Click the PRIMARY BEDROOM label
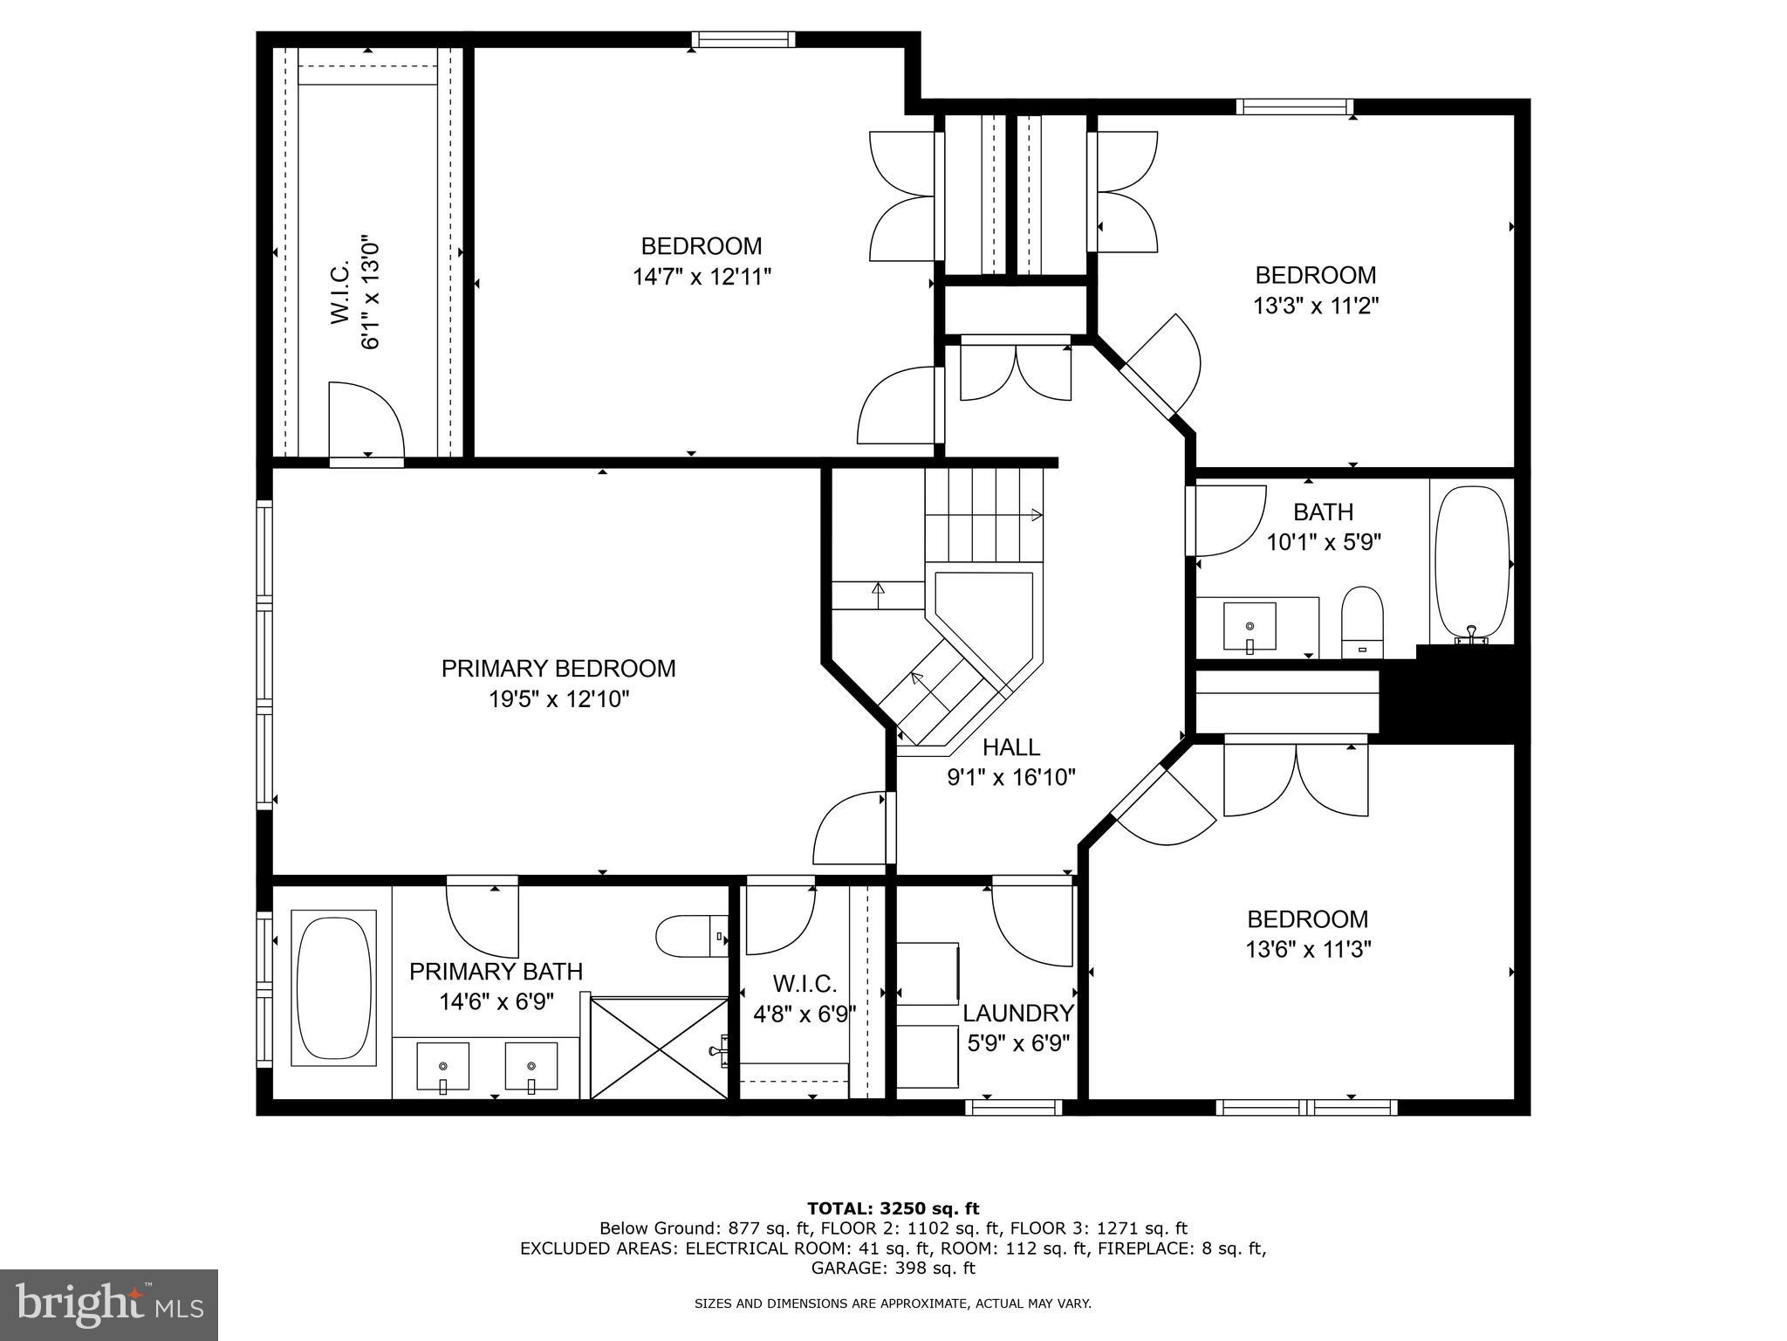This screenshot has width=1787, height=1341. point(558,669)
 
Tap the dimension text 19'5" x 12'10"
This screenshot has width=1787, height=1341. point(558,699)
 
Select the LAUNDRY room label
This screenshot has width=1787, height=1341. point(1018,1013)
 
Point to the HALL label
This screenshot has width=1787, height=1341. point(1011,747)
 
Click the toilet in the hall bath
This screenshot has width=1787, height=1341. point(1362,622)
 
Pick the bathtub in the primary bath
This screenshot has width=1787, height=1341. point(332,987)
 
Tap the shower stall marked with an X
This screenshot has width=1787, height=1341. point(659,1048)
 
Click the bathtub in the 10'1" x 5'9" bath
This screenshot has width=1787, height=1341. point(1471,564)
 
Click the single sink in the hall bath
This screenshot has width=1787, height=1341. point(1250,627)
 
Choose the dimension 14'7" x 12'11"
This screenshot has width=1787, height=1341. point(702,278)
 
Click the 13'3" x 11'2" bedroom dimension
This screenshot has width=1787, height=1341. point(1316,306)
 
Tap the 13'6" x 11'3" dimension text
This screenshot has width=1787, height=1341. point(1308,949)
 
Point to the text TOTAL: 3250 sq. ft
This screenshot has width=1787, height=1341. point(893,1208)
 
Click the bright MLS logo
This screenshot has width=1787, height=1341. point(109,1304)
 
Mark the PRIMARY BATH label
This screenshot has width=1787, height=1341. point(496,971)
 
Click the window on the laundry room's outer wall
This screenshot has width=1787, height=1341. point(1014,1107)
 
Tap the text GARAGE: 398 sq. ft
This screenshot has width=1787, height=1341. point(893,1268)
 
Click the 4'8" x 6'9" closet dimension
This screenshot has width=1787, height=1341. point(804,1014)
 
